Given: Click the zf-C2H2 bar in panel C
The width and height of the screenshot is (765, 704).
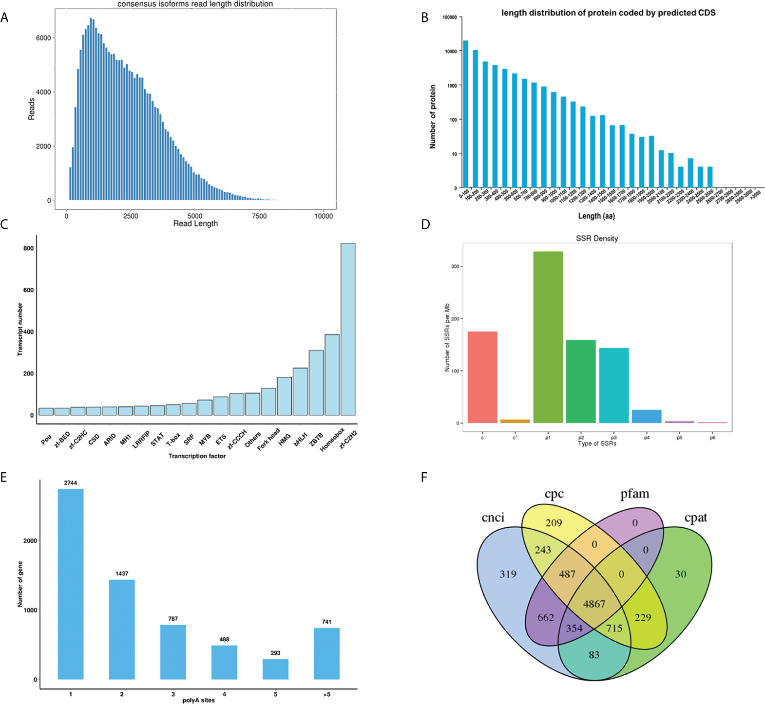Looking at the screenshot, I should [x=348, y=329].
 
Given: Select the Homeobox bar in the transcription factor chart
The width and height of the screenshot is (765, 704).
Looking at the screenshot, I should [x=332, y=374].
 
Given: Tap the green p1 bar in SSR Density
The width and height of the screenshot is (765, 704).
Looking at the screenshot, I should [x=548, y=337].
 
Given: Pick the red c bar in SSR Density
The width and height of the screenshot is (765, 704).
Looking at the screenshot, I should [x=482, y=377].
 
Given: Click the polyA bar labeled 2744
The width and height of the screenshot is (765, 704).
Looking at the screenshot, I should [x=71, y=584].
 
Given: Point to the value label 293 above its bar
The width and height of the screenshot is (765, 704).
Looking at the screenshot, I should [x=275, y=653].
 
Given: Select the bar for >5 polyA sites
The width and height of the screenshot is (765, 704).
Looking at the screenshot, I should [x=326, y=653].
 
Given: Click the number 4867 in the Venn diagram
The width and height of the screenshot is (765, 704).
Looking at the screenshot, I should [x=594, y=604].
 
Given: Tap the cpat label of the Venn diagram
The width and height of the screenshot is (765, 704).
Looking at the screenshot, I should [x=695, y=518].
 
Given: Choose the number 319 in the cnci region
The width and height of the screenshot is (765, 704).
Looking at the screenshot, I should [x=508, y=574].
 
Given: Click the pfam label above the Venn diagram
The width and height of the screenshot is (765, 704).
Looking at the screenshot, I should [x=634, y=494].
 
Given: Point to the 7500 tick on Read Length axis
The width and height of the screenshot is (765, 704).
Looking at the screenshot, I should [x=259, y=216].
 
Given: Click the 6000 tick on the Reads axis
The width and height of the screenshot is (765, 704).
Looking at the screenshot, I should [x=43, y=38].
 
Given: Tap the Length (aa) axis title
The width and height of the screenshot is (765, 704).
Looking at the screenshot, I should [x=596, y=216].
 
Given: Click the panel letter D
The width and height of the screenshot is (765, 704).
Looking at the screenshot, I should [x=425, y=224].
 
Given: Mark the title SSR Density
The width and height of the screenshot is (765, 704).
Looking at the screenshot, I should [x=596, y=239].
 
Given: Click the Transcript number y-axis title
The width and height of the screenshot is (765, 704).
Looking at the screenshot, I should [x=20, y=329].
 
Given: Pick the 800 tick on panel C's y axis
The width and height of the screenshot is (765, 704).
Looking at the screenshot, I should [x=28, y=248].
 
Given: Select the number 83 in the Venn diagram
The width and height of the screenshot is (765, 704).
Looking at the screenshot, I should [x=593, y=655].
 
